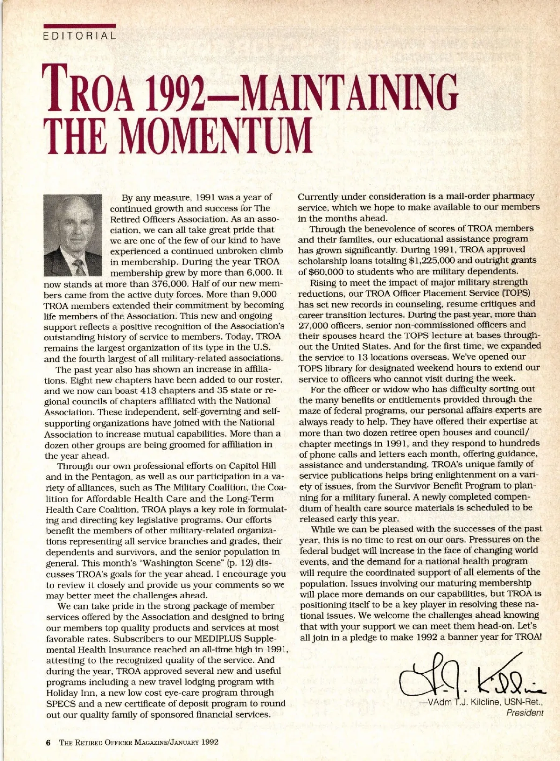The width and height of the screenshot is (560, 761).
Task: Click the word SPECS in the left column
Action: (x=60, y=704)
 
